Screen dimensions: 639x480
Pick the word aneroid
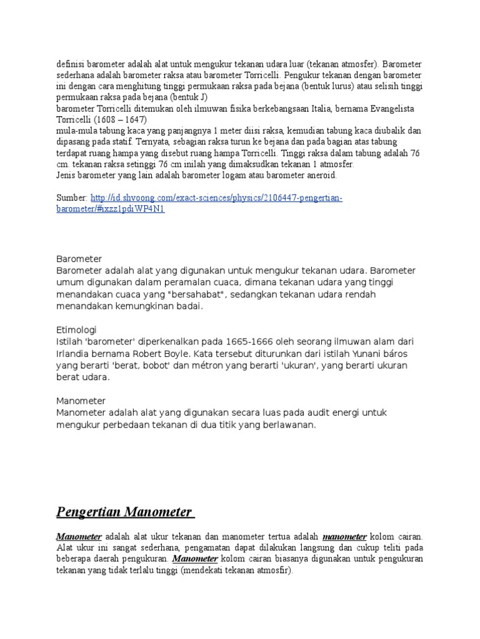tap(319, 175)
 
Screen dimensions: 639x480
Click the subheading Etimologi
tap(76, 329)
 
